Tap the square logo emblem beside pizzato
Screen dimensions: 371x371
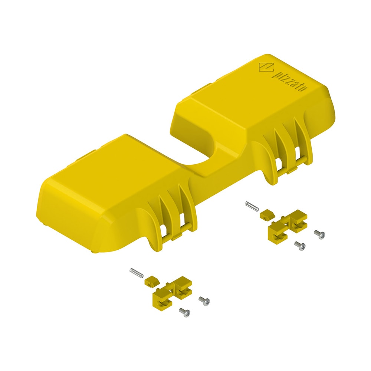(x=266, y=67)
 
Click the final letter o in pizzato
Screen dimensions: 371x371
(x=304, y=89)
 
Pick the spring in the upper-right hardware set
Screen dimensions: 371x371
(x=252, y=206)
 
